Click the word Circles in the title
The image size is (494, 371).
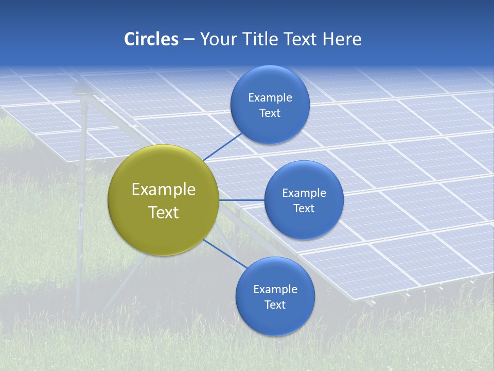point(151,39)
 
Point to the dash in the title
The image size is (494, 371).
point(189,40)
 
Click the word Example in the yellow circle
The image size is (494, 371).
point(164,190)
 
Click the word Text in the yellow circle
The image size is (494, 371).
point(164,212)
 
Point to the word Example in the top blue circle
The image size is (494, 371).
point(270,97)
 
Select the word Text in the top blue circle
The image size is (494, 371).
point(270,113)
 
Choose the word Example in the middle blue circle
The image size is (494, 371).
point(304,193)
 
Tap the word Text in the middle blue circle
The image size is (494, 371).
point(304,208)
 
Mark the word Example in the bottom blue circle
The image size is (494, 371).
point(275,289)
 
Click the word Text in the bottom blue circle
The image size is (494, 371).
point(275,305)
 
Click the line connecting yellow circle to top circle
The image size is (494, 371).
point(222,147)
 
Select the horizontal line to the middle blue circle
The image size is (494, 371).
point(242,200)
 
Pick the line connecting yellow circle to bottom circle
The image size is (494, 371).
point(225,254)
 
